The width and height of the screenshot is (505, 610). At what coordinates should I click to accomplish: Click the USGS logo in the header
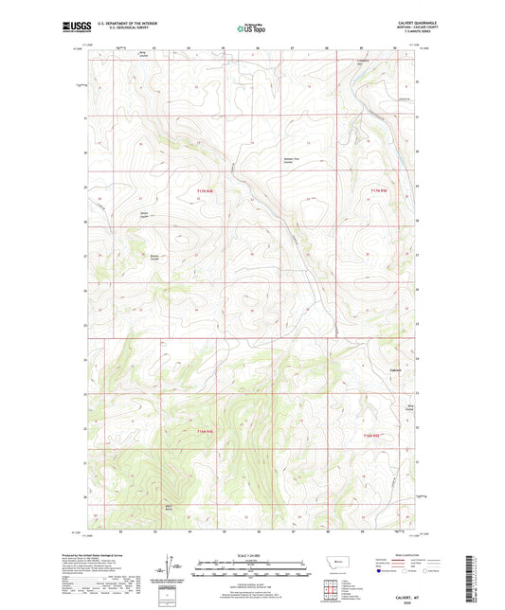pos(71,27)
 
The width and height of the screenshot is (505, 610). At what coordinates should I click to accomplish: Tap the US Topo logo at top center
pos(251,28)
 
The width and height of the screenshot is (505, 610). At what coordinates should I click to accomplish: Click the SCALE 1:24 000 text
pos(251,555)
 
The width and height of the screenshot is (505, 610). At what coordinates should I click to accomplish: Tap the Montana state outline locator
pos(332,563)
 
